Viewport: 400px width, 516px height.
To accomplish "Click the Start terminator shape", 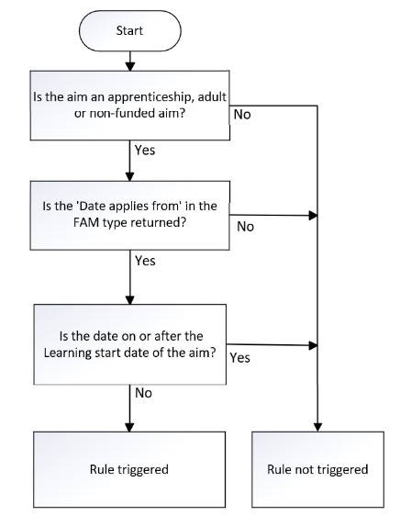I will point(129,30).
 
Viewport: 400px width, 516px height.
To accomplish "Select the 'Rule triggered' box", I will point(128,469).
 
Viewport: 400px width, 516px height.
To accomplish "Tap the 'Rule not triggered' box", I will point(317,469).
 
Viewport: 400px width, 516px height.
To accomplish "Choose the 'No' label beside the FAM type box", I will point(245,226).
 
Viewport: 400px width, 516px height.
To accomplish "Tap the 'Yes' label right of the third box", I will point(240,356).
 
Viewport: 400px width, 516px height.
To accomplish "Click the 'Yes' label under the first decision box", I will point(145,148).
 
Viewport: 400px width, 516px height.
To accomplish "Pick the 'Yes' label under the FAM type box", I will point(145,261).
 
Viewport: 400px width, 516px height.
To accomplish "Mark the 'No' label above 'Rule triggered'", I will point(143,393).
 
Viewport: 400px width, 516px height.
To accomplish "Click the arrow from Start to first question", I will point(129,60).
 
